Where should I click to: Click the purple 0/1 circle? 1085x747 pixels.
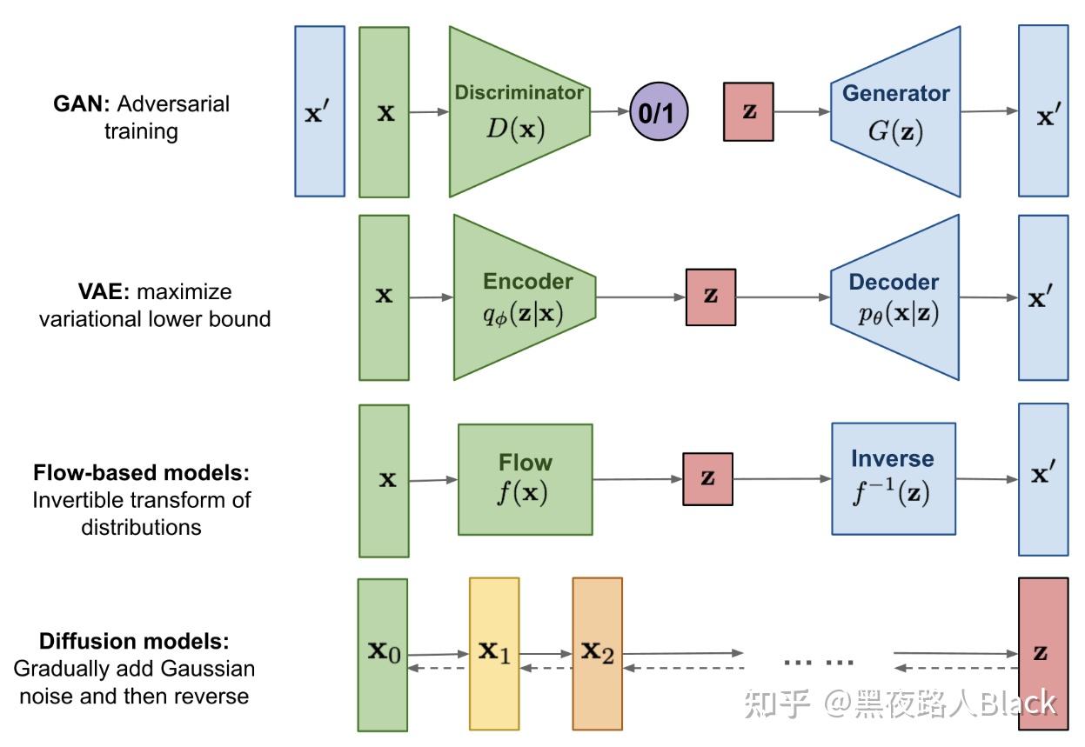pos(659,112)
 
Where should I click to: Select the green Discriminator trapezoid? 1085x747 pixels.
pos(513,111)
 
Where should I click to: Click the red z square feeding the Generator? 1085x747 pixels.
pos(748,111)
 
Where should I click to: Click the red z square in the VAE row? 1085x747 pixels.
pos(711,297)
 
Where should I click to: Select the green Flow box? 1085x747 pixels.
pos(525,479)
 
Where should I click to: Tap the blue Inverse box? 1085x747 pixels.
pos(893,478)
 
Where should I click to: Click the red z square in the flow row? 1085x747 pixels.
pos(707,478)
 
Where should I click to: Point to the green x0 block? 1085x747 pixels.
pos(383,655)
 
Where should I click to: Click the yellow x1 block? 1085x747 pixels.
pos(493,654)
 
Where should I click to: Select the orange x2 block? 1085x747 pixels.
pos(597,654)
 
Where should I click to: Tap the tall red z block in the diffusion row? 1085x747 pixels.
pos(1042,654)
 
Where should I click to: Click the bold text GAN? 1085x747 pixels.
pos(81,104)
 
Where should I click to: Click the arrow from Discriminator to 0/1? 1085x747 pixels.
pos(610,111)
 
